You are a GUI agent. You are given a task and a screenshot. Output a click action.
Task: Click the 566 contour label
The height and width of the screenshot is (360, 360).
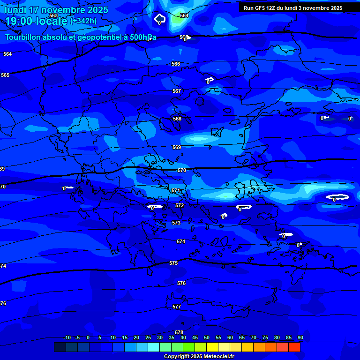point(176,64)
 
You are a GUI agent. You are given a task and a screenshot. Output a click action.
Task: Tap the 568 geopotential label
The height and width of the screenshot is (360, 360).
point(177,119)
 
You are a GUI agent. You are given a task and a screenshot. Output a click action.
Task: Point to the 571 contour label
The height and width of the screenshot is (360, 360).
point(176,191)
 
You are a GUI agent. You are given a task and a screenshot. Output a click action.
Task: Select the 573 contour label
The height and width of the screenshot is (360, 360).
point(176,223)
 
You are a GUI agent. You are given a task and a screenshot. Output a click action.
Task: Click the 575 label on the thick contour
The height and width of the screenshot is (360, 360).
point(173,263)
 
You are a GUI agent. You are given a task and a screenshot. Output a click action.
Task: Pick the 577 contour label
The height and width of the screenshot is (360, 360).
point(177,307)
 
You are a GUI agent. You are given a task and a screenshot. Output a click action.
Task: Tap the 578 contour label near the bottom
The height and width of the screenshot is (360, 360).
point(179,332)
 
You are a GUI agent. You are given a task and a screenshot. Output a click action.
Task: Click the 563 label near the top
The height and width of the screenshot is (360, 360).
point(53,15)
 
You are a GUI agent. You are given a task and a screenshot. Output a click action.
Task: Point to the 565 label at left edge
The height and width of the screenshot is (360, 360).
point(5,75)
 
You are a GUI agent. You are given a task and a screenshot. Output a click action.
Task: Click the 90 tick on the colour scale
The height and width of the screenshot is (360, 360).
point(300,338)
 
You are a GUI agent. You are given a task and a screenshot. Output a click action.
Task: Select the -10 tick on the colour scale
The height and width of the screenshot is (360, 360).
point(67,338)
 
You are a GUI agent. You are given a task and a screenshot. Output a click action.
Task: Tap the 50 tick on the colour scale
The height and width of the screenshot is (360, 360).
point(207,338)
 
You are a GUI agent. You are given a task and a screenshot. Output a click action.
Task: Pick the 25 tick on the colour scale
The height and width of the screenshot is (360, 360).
point(148,338)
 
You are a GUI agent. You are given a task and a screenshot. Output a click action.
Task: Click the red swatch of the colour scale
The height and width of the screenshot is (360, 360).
point(294,347)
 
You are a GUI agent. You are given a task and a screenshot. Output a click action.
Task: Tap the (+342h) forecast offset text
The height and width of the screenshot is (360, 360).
point(83,21)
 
